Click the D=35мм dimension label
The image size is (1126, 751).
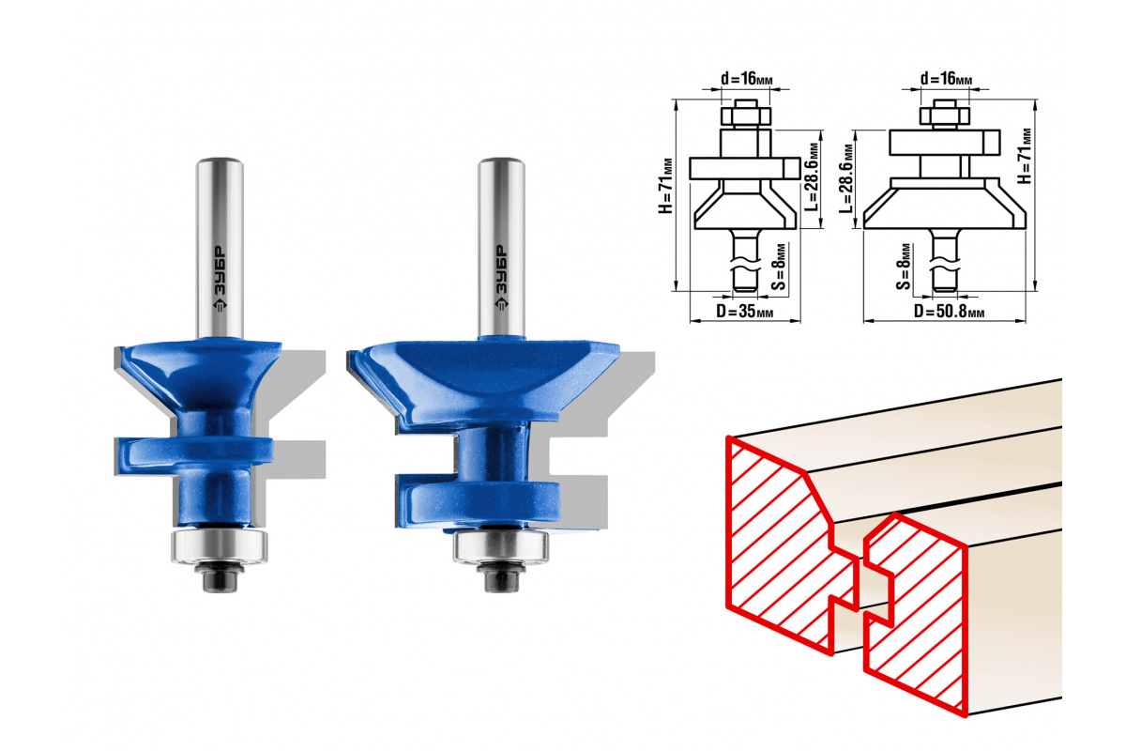coord(744,312)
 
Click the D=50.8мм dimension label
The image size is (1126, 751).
coord(949,312)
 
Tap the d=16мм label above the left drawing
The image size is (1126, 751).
coord(747,79)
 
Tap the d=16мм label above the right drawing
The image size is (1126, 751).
coord(946,79)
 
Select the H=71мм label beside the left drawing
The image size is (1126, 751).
coord(665,186)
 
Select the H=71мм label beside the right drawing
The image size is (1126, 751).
coord(1025,156)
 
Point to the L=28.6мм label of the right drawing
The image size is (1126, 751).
coord(846,178)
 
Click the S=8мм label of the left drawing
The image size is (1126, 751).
coord(779,268)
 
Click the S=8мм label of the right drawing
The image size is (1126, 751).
coord(903,268)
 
